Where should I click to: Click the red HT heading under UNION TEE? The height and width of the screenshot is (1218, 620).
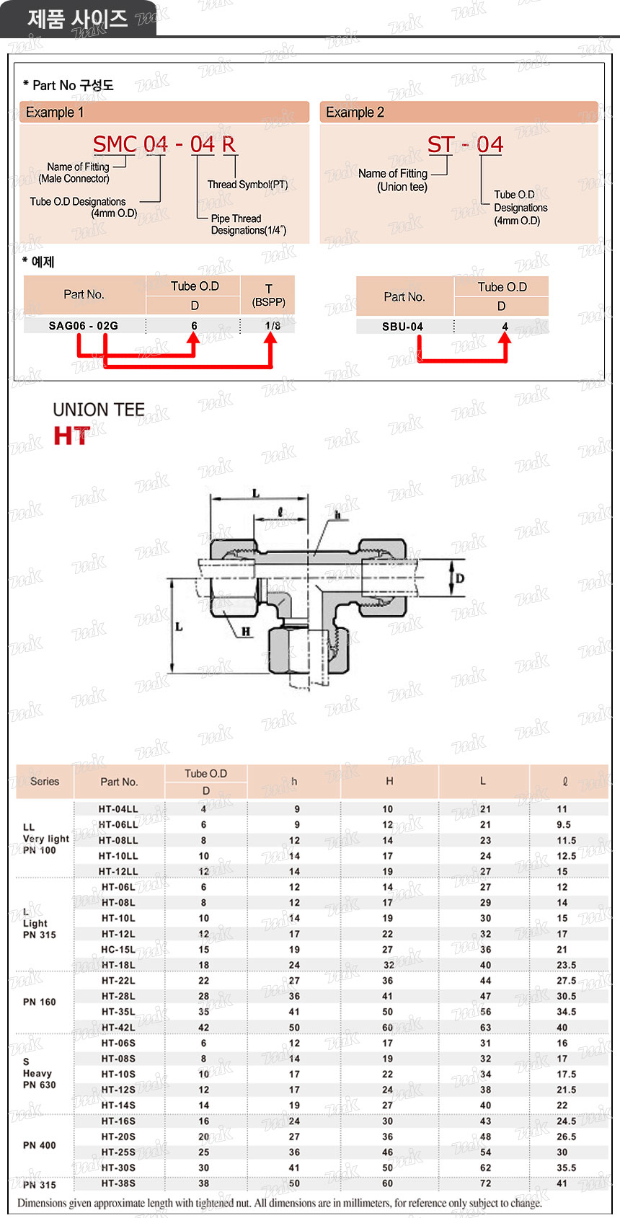tap(72, 436)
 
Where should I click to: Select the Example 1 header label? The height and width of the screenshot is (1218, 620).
tap(55, 112)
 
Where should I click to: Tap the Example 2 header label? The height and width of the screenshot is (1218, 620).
tap(355, 112)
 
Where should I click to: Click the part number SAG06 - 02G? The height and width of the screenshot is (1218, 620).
tap(84, 326)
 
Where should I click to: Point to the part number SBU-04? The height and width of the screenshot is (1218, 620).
tap(402, 327)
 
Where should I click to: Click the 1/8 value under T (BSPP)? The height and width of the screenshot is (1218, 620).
tap(273, 326)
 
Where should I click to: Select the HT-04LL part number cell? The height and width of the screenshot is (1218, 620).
tap(118, 809)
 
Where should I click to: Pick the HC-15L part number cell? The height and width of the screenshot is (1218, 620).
tap(118, 950)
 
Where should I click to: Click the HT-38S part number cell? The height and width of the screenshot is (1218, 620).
tap(118, 1183)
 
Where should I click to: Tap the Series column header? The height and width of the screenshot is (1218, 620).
tap(45, 781)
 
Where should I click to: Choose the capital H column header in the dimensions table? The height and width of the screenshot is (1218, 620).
tap(389, 781)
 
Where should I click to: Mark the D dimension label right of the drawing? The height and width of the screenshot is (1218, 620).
tap(460, 578)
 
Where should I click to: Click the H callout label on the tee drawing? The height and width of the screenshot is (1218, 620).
tap(246, 632)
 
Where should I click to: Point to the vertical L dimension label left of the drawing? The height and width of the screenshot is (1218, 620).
tap(179, 627)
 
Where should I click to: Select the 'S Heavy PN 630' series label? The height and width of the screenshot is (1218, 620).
tap(39, 1073)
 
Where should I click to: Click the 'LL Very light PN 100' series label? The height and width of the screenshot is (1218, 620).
tap(45, 839)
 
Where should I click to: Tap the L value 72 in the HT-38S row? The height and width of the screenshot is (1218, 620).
tap(486, 1183)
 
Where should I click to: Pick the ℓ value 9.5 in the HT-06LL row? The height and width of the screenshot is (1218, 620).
tap(564, 825)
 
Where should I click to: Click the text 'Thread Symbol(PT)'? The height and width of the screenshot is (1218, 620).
tap(247, 185)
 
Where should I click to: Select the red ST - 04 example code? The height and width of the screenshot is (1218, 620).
tap(465, 145)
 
